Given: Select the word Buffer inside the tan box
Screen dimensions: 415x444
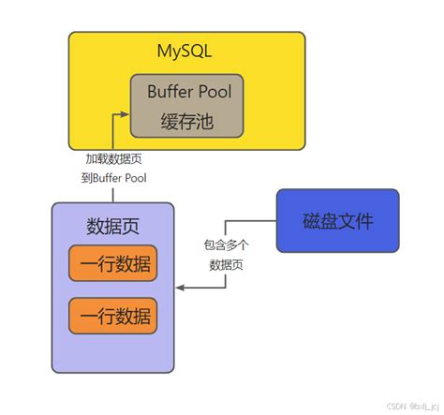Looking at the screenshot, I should pos(169,92).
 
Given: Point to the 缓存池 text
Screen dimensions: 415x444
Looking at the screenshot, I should pos(188,120).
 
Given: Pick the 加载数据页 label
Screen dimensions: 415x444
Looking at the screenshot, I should pos(113,159).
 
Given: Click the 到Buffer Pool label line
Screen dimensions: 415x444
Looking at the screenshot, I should pos(113,178).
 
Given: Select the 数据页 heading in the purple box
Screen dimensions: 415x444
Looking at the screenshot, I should pos(113,228).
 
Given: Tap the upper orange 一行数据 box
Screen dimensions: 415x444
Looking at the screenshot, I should pos(113,264).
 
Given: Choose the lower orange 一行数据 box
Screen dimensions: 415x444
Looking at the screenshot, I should pos(113,316).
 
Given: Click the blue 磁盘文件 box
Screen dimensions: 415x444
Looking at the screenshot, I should pos(337,221).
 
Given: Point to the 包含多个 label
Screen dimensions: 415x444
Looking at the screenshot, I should pos(227,245).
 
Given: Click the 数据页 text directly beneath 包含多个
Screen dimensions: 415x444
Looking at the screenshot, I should pos(227,265).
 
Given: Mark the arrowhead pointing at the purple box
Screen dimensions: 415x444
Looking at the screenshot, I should pos(180,288).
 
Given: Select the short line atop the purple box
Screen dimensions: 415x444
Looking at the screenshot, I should pos(113,195).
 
